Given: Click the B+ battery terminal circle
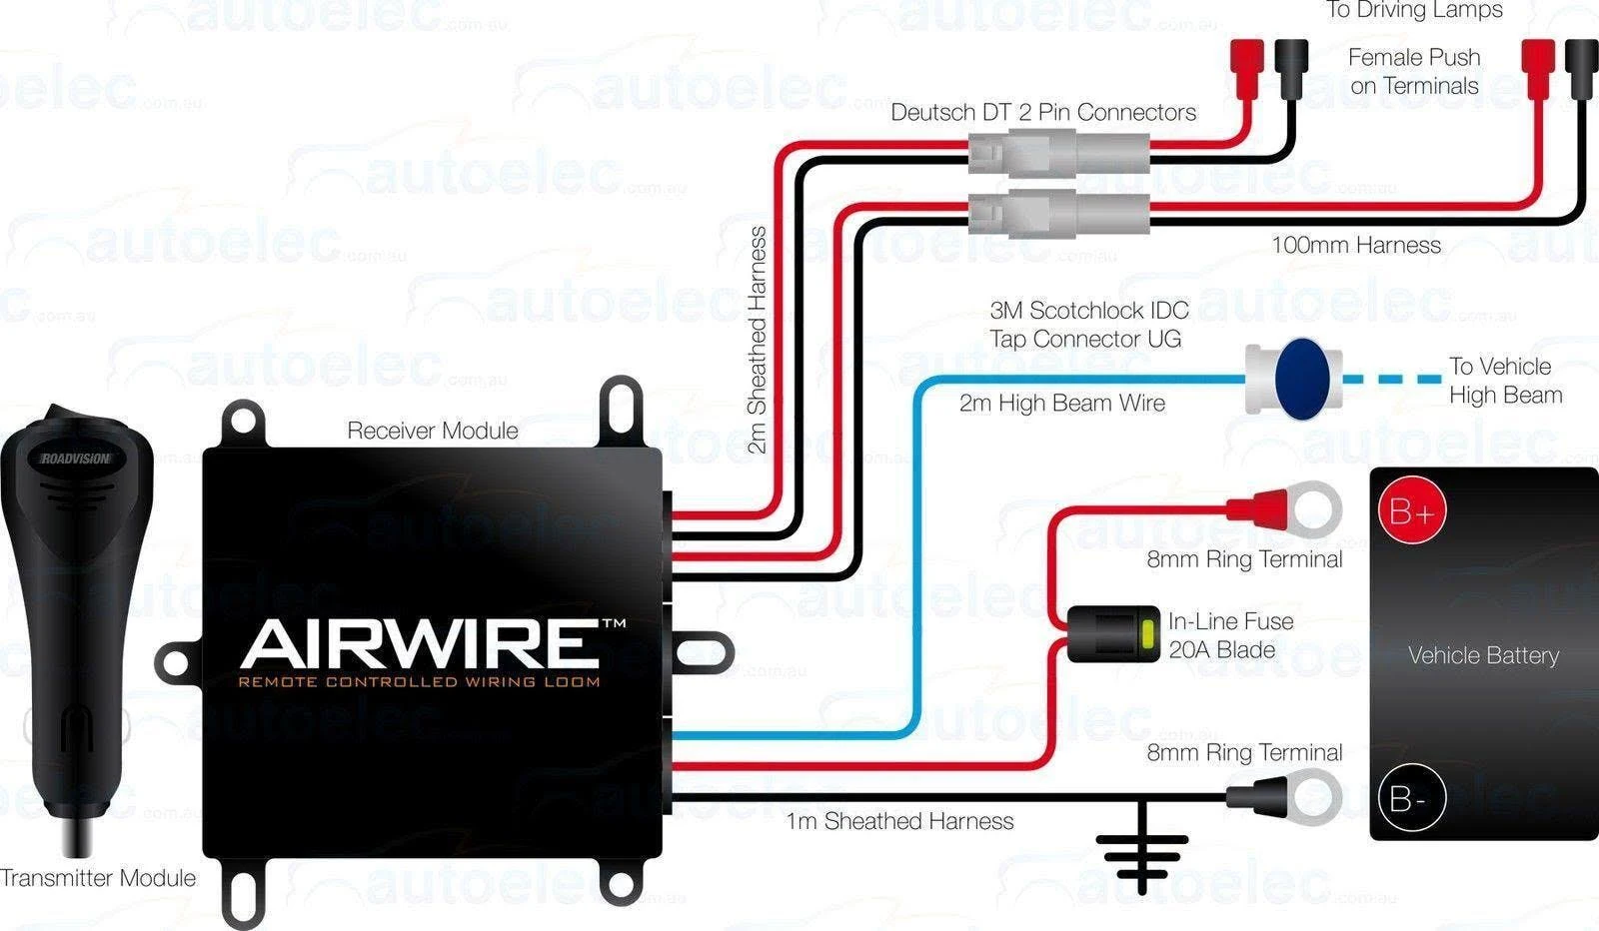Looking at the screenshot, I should (x=1411, y=512).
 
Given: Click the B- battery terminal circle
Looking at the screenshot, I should (x=1411, y=799).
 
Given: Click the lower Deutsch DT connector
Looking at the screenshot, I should (x=1057, y=212).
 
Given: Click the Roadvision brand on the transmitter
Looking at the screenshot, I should (x=76, y=459).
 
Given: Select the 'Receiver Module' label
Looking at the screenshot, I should (x=432, y=431).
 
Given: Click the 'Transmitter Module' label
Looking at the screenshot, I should (x=98, y=878).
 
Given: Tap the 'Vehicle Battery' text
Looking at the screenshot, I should (x=1483, y=655).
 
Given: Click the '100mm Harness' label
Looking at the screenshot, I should (x=1355, y=245).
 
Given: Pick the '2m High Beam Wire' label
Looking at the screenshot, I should (x=1061, y=403).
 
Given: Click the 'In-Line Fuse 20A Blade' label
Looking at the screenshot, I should (x=1230, y=635).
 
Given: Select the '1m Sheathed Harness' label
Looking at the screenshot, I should (x=899, y=821).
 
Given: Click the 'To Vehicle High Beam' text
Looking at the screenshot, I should (x=1504, y=381).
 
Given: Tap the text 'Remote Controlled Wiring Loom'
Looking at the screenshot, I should (x=419, y=682).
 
